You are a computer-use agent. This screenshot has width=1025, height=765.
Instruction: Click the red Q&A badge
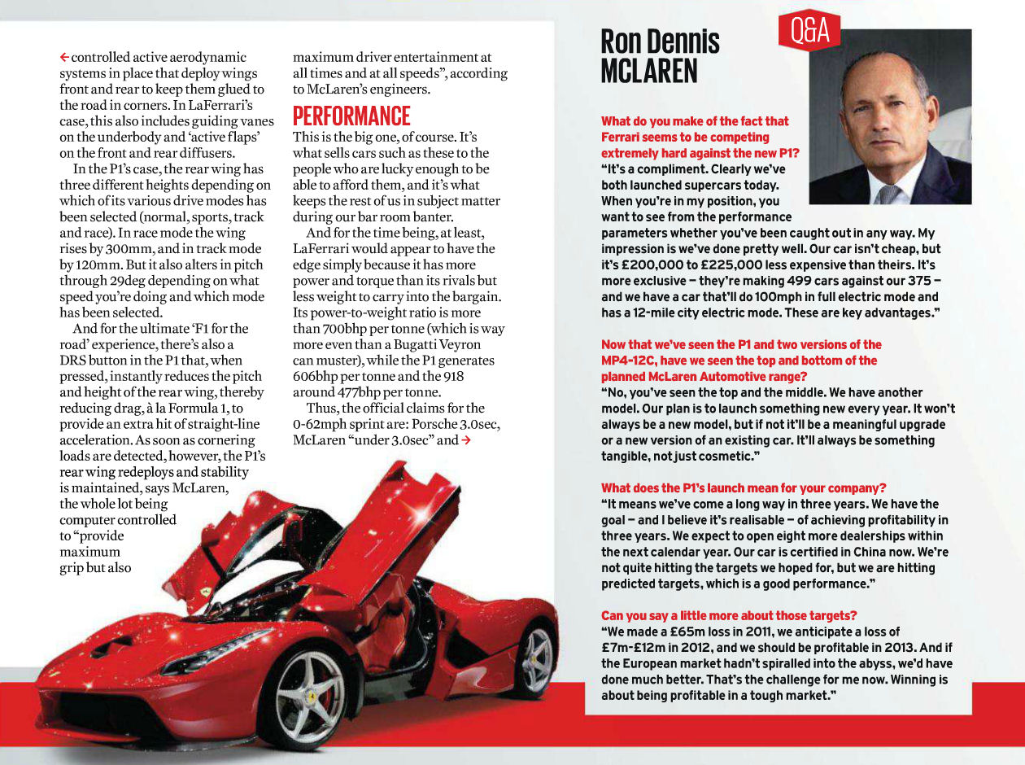click(809, 32)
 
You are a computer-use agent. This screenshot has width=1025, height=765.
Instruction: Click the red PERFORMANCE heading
click(351, 115)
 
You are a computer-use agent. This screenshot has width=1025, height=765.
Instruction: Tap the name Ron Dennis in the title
click(660, 42)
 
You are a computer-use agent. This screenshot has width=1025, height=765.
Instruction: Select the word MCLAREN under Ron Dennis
click(648, 71)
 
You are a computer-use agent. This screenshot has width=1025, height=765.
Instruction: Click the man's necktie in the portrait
click(890, 194)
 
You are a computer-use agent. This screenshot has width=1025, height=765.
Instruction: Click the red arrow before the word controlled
click(64, 58)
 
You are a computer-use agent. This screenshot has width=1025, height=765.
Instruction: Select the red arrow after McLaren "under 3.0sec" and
click(466, 440)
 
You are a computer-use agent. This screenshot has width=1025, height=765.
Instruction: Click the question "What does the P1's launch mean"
click(744, 488)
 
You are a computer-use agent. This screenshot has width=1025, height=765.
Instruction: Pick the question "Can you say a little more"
click(729, 615)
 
